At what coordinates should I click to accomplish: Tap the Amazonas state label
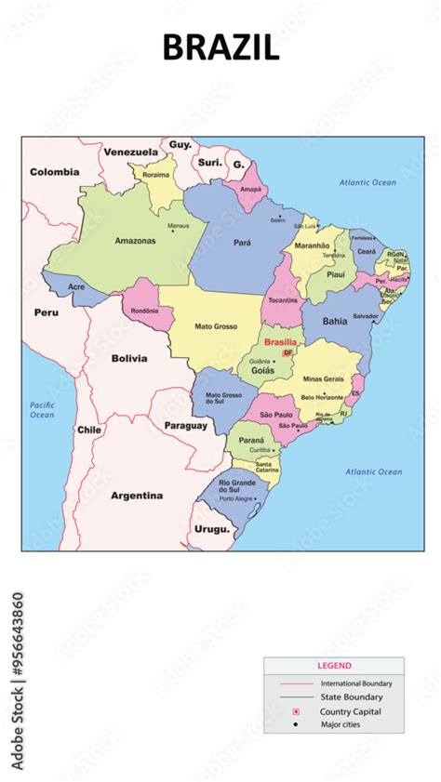(x=135, y=241)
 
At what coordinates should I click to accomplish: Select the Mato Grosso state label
(x=215, y=326)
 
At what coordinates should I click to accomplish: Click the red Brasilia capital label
(x=280, y=342)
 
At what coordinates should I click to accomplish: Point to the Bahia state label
(x=335, y=321)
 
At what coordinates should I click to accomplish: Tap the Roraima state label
(x=156, y=174)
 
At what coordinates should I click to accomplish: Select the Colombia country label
(x=54, y=172)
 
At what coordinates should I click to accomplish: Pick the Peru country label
(x=47, y=312)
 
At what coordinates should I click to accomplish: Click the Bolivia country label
(x=129, y=358)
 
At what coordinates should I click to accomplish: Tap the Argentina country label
(x=137, y=496)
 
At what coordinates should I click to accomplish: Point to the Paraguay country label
(x=185, y=425)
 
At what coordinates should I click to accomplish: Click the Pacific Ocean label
(x=42, y=410)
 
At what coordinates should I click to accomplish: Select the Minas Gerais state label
(x=323, y=379)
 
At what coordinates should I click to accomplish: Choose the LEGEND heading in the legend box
(x=334, y=666)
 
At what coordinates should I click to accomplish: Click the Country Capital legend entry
(x=351, y=711)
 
